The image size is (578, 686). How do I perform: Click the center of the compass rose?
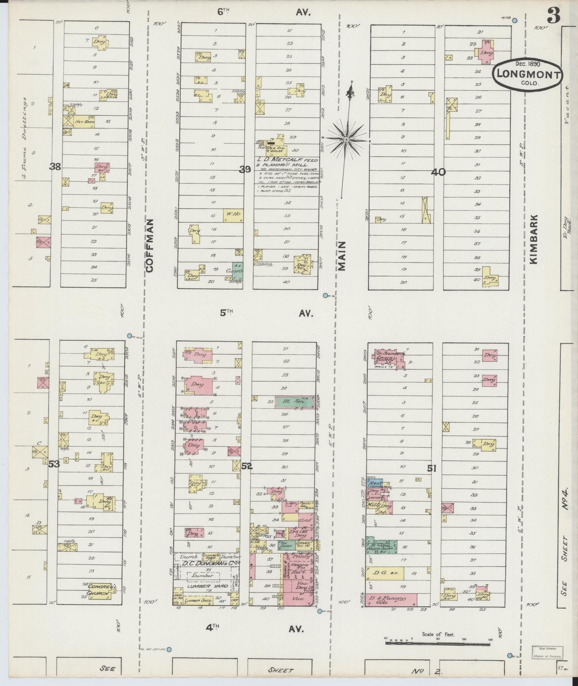pos(346,139)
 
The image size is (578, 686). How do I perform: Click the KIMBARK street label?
pos(534,239)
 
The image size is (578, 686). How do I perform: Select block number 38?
pos(55,167)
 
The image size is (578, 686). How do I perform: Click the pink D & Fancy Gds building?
pos(391,599)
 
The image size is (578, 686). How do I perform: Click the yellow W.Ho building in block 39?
pos(230,215)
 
